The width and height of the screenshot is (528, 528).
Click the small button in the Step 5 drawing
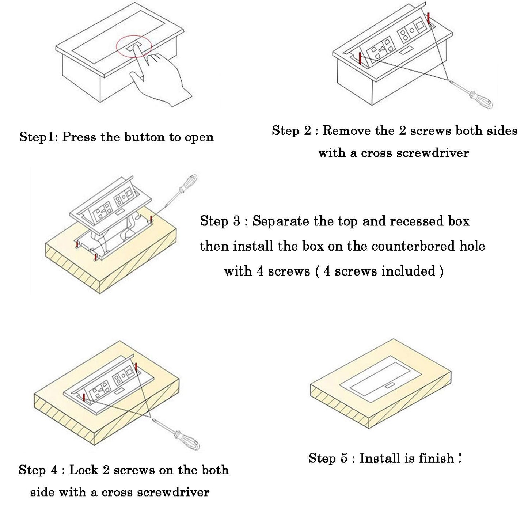coord(390,385)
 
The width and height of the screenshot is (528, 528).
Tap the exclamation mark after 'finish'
coord(460,458)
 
